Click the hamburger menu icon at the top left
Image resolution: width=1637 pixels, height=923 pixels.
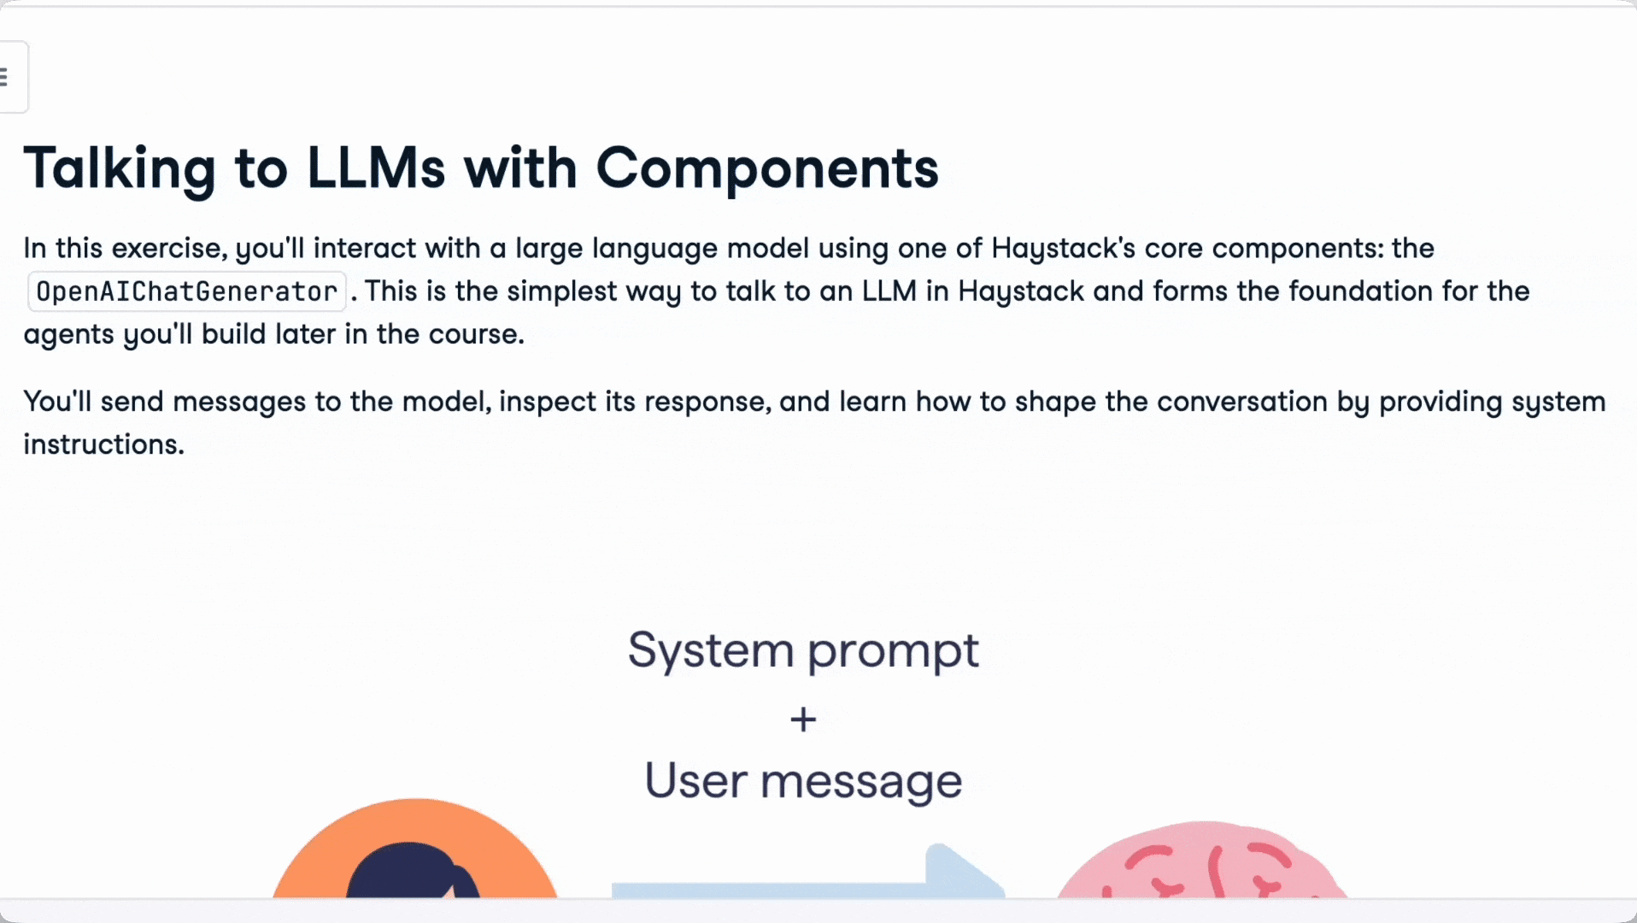click(4, 77)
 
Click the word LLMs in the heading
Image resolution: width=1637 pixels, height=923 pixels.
click(376, 168)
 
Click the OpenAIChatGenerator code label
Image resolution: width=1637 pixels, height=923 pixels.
click(186, 291)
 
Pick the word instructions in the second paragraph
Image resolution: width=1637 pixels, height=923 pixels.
click(103, 444)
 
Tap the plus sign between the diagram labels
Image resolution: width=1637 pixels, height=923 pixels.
click(803, 720)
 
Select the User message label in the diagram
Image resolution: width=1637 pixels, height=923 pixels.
click(803, 781)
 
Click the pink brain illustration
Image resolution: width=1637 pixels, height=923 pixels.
click(1203, 861)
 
